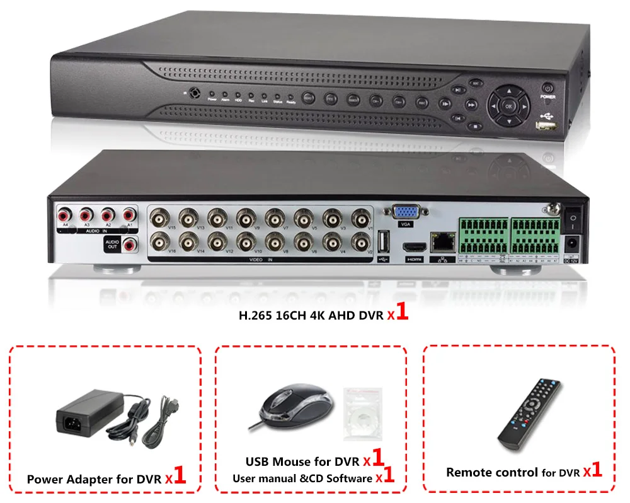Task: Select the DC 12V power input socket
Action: tap(573, 243)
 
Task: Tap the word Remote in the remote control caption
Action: tap(469, 471)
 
